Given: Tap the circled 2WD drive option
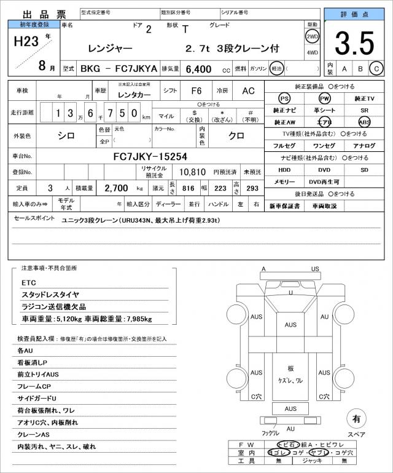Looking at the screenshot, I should [312, 36].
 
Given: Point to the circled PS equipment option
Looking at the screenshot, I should [284, 98].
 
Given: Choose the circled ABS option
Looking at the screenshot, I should [365, 122].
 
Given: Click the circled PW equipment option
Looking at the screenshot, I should [324, 98].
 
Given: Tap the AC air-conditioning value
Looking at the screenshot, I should [248, 90].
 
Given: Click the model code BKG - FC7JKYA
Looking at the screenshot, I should [111, 70].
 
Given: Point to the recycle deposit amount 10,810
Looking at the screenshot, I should [192, 172].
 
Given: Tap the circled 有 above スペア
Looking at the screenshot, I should [356, 419].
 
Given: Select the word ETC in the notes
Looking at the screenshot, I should [29, 282].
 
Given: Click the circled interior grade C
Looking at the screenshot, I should [376, 69].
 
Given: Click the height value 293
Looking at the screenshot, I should [252, 188].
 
